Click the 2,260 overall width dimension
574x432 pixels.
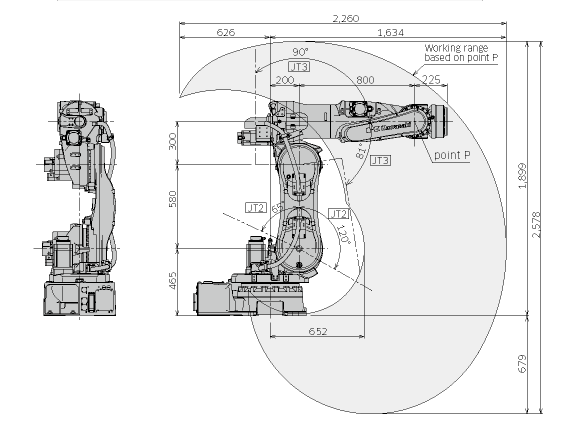345,18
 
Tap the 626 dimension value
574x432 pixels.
226,32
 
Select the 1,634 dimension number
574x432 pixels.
390,32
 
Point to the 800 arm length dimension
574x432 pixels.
365,80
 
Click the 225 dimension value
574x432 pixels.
431,79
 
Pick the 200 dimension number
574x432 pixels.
285,80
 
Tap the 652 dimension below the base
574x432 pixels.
318,331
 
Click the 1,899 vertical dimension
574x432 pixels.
522,175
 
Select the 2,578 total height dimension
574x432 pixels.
536,224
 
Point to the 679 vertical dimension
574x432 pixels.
522,363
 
